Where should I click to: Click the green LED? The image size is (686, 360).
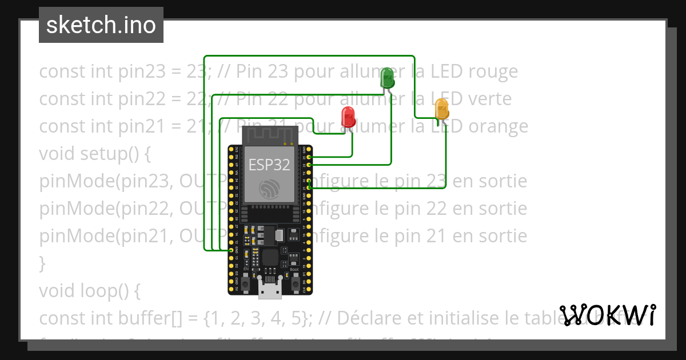point(387,78)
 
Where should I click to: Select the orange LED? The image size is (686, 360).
point(442,109)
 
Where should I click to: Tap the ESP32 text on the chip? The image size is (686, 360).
point(269,165)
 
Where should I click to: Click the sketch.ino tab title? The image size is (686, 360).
point(101,25)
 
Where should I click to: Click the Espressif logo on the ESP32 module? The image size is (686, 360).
point(269,189)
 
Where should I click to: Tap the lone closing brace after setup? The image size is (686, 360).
point(42,263)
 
